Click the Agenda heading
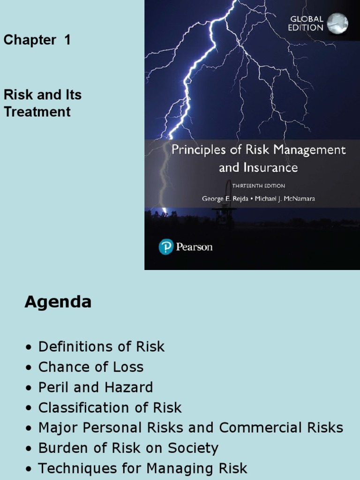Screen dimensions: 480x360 pos(58,302)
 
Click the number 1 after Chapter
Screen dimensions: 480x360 pos(67,40)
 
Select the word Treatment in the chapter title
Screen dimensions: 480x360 pos(37,112)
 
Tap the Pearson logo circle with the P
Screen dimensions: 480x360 pos(166,246)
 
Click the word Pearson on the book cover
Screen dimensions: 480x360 pos(194,247)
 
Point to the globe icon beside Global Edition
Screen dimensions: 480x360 pos(337,23)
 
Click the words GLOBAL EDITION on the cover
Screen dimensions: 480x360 pos(307,23)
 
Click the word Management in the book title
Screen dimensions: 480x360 pos(311,150)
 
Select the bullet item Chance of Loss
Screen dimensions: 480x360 pos(91,367)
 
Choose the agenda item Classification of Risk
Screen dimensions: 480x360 pos(110,408)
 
